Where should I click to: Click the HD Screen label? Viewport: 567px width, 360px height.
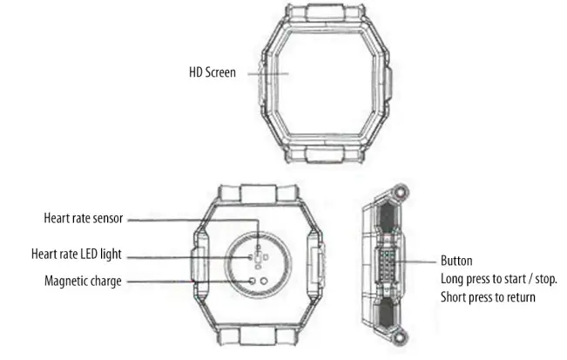pyautogui.click(x=212, y=73)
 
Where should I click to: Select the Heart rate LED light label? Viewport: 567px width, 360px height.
pyautogui.click(x=77, y=255)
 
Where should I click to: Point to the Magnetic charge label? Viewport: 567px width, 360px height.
pyautogui.click(x=83, y=281)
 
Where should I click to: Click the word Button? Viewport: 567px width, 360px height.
pyautogui.click(x=456, y=261)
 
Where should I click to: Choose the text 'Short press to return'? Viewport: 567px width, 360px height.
pyautogui.click(x=488, y=297)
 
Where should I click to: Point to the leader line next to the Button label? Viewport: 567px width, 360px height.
pyautogui.click(x=422, y=261)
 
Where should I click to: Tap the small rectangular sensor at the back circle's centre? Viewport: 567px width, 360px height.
pyautogui.click(x=259, y=258)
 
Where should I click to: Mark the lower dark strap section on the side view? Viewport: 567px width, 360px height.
pyautogui.click(x=383, y=311)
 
